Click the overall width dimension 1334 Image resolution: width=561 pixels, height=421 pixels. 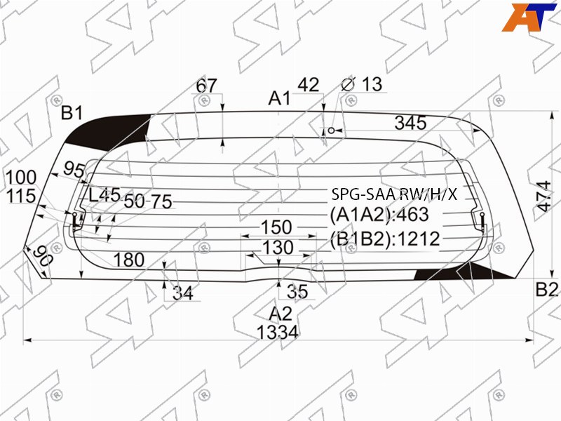click(x=278, y=332)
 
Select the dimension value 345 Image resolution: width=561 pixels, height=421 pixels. click(x=410, y=123)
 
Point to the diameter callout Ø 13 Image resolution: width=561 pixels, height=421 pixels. click(x=362, y=84)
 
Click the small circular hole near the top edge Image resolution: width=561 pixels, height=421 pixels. click(x=331, y=131)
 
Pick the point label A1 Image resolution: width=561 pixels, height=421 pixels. click(x=280, y=98)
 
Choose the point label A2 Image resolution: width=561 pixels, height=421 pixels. click(x=280, y=314)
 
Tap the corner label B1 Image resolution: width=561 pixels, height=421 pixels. click(x=72, y=113)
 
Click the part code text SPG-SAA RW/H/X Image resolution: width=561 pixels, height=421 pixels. click(x=394, y=194)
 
